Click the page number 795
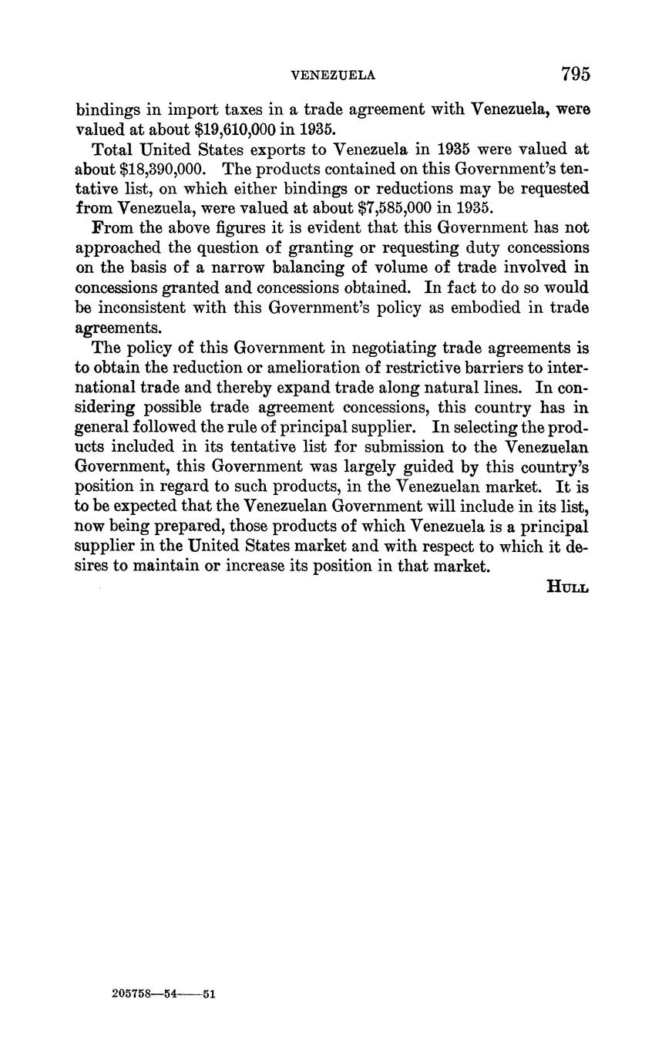[x=575, y=74]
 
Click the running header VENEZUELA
[x=333, y=76]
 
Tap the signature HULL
[x=567, y=587]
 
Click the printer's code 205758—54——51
[x=163, y=994]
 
